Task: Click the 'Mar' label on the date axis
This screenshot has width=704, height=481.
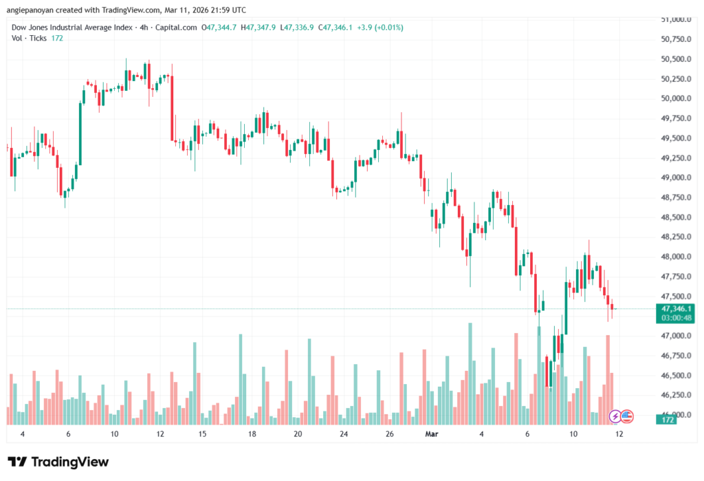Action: tap(432, 434)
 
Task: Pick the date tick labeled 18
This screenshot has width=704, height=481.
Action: tap(252, 434)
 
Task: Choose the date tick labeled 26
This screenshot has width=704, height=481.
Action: tap(389, 434)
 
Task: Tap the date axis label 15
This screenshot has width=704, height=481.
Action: tap(203, 434)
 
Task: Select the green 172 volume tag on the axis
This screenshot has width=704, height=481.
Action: tap(665, 419)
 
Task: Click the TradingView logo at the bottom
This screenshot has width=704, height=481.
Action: tap(58, 462)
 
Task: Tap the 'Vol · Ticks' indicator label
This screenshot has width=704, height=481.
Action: tap(30, 38)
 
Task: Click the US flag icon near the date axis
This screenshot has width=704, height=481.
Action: tap(627, 416)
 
